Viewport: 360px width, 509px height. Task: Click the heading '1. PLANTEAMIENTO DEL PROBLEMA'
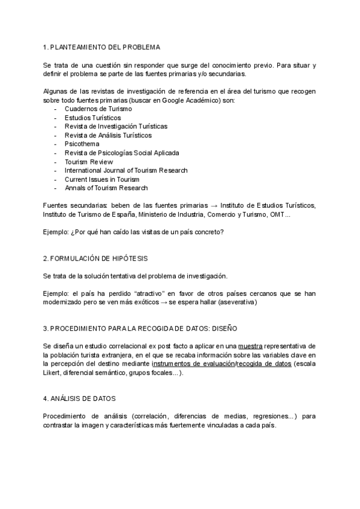[101, 46]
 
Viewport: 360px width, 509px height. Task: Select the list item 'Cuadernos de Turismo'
[98, 109]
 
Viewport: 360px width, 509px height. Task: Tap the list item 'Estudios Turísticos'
[93, 118]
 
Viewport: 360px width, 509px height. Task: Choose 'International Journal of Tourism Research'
[126, 170]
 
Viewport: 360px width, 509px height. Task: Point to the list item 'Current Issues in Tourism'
[102, 179]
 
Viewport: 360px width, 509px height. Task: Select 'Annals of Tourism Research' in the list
[106, 188]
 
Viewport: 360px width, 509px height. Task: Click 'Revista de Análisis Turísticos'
[109, 135]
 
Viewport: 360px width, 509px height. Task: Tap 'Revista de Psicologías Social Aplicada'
[122, 153]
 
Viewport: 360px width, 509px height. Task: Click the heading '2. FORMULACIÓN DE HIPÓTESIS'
[95, 258]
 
